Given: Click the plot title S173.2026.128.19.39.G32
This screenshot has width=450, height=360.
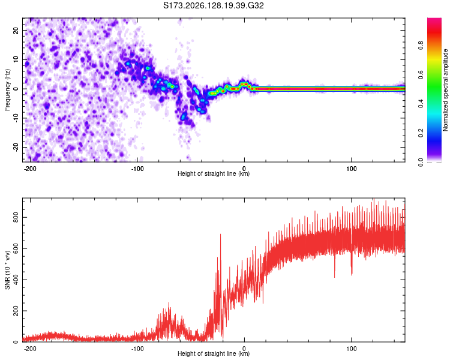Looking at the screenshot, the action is (x=213, y=5).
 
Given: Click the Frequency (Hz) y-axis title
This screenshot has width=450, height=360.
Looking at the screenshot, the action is (x=7, y=89).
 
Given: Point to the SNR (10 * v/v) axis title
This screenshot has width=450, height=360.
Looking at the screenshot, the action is (x=7, y=270).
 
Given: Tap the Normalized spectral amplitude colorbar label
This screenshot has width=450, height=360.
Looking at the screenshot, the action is (x=445, y=90).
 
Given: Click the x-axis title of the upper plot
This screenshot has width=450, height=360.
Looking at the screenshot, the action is (x=214, y=173).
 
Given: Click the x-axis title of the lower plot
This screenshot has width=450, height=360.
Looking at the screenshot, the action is (x=214, y=353).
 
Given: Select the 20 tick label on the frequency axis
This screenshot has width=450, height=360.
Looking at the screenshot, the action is (x=16, y=31).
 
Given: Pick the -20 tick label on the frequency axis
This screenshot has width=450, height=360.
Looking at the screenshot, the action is (x=16, y=148).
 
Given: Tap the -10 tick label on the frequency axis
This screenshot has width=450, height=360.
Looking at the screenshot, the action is (x=16, y=118).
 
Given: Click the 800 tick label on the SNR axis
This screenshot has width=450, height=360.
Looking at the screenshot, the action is (x=16, y=218).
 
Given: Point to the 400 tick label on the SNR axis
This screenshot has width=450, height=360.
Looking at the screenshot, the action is (x=16, y=280).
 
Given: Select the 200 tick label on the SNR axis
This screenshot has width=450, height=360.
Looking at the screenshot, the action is (x=16, y=311).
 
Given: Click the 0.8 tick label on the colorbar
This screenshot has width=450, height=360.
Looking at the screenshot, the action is (x=421, y=46).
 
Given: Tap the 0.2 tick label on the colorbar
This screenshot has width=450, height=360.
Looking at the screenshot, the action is (x=421, y=133).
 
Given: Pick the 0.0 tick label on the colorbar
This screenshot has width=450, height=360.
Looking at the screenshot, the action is (x=421, y=162).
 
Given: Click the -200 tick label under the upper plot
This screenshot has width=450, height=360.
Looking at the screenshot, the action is (x=29, y=169).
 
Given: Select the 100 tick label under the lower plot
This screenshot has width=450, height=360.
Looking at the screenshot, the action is (x=351, y=349).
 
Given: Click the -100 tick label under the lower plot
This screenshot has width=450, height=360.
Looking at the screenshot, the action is (x=137, y=349).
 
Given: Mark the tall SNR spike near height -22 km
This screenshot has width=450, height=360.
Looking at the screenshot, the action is (x=220, y=284).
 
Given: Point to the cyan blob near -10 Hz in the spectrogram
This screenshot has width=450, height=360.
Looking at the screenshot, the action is (x=184, y=116).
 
